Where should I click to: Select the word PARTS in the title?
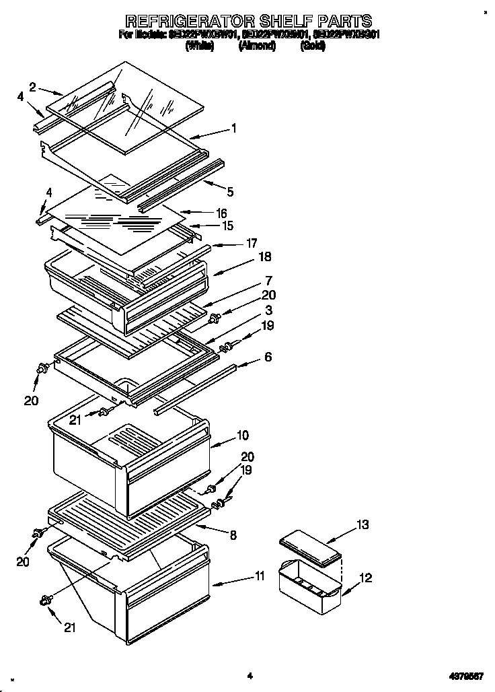pos(342,21)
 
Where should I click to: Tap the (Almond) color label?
pos(256,46)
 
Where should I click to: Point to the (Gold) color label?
pos(314,46)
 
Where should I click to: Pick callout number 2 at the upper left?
pos(32,86)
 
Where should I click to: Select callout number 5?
pos(230,192)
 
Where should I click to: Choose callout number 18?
pos(264,257)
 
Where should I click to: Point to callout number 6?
pos(268,357)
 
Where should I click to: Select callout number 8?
pos(233,536)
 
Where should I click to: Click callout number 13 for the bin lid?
pos(363,525)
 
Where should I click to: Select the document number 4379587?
pos(462,675)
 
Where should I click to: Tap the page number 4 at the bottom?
pos(249,675)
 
